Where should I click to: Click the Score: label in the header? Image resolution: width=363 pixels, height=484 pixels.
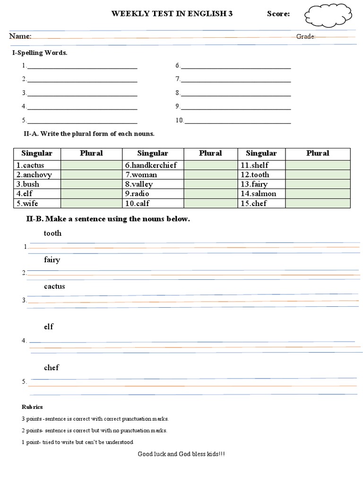pyautogui.click(x=278, y=14)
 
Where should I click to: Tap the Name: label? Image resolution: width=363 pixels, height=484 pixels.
pyautogui.click(x=20, y=36)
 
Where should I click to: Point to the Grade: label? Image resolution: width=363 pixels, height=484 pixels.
pyautogui.click(x=306, y=37)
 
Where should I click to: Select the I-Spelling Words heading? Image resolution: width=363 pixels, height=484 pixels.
pyautogui.click(x=40, y=53)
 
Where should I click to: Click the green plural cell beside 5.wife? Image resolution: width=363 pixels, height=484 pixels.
pyautogui.click(x=91, y=203)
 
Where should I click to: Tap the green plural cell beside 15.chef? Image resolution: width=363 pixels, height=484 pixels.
pyautogui.click(x=318, y=203)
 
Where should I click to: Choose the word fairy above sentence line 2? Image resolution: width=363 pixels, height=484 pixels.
pyautogui.click(x=52, y=260)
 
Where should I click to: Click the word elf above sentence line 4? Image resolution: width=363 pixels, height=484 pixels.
pyautogui.click(x=49, y=327)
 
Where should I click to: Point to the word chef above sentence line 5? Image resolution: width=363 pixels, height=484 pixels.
pyautogui.click(x=52, y=368)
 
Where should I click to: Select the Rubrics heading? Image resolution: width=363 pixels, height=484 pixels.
pyautogui.click(x=32, y=407)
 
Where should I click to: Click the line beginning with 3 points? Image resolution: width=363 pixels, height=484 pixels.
pyautogui.click(x=95, y=419)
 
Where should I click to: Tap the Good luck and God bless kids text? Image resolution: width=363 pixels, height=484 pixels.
pyautogui.click(x=181, y=454)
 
